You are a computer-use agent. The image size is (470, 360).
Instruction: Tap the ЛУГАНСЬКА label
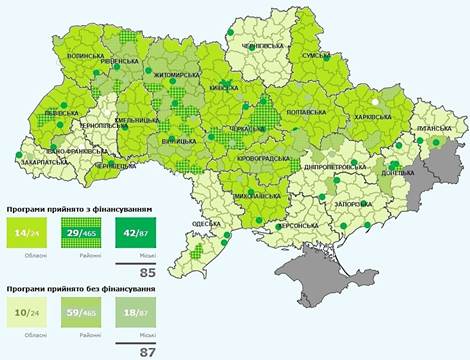point(438,130)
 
